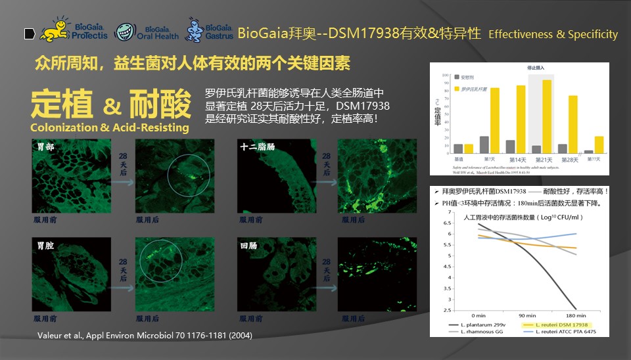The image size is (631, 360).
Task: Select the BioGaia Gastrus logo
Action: [x=210, y=30]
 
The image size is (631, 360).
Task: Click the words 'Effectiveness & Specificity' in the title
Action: [x=553, y=34]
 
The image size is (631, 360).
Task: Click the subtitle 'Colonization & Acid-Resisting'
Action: [x=109, y=127]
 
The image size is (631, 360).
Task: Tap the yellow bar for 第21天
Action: [x=546, y=116]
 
